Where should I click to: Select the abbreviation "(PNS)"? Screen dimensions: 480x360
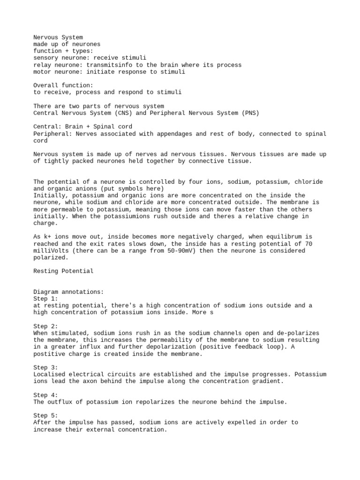pyautogui.click(x=249, y=113)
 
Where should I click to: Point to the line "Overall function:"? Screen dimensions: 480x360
pyautogui.click(x=63, y=85)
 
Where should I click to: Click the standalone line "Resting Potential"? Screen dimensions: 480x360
pyautogui.click(x=63, y=271)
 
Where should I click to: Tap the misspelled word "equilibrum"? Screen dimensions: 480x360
pyautogui.click(x=282, y=237)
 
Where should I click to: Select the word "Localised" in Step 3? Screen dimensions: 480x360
pyautogui.click(x=51, y=375)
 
